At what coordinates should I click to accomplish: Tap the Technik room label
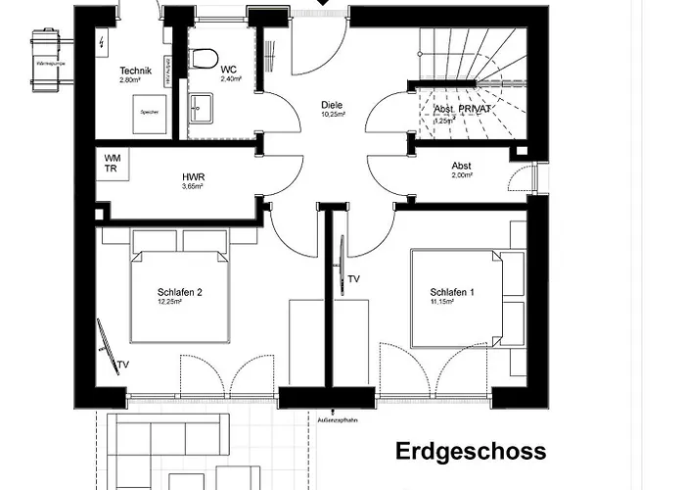point(134,71)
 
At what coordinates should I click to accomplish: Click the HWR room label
point(193,178)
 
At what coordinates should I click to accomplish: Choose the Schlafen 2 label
point(180,292)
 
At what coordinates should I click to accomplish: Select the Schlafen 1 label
point(452,292)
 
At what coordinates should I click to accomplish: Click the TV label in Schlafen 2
point(123,366)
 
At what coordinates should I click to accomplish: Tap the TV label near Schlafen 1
point(354,280)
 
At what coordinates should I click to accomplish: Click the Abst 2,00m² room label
point(462,167)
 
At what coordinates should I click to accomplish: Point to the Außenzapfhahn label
point(336,419)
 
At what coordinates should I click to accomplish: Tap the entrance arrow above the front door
point(323,4)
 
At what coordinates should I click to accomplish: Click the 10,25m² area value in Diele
point(334,115)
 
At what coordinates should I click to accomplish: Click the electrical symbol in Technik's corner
point(104,41)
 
